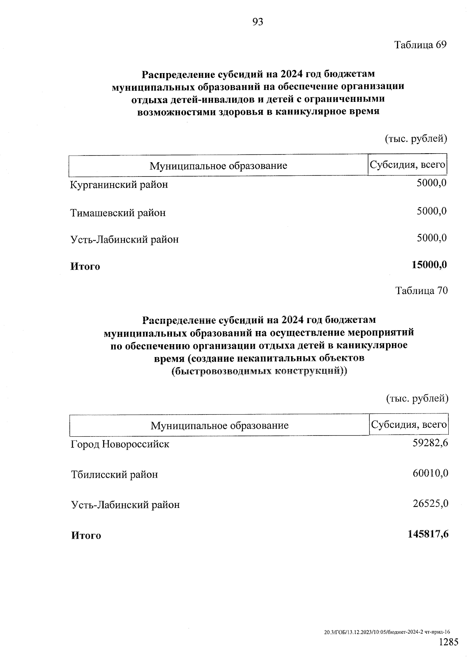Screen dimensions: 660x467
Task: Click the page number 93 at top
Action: click(x=258, y=22)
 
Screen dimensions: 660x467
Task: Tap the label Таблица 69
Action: click(x=421, y=45)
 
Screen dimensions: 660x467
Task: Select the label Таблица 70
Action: click(x=421, y=291)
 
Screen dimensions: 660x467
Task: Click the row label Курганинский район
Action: click(x=119, y=184)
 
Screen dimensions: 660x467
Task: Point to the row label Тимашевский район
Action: click(x=118, y=213)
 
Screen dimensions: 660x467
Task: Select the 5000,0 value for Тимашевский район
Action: click(x=432, y=211)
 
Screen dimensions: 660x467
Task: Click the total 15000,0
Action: click(x=429, y=265)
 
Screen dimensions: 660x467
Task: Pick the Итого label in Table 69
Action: click(x=85, y=266)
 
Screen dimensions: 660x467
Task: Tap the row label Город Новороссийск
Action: click(x=120, y=444)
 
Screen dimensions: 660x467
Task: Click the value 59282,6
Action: click(x=430, y=442)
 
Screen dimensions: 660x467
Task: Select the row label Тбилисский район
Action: click(x=114, y=474)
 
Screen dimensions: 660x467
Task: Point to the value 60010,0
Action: click(x=430, y=473)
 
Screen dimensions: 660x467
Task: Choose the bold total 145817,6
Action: click(x=428, y=534)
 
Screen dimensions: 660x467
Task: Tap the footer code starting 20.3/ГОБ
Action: click(x=387, y=633)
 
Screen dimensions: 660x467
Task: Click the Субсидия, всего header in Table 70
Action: click(x=408, y=424)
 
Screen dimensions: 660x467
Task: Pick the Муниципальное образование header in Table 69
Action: click(x=218, y=166)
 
